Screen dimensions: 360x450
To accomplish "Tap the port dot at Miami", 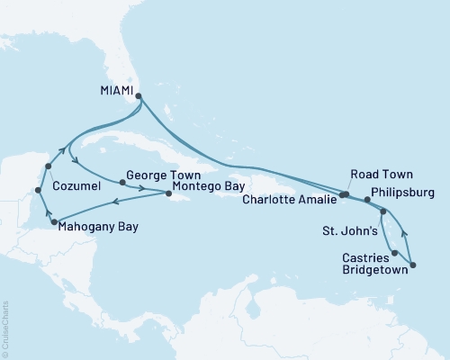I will tap(138, 91).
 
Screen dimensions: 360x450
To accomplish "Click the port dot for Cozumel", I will tap(47, 166).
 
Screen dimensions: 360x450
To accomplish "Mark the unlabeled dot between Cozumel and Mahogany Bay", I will tap(38, 190).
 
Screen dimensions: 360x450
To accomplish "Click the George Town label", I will tap(157, 177).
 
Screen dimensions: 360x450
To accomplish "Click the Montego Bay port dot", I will tap(168, 193).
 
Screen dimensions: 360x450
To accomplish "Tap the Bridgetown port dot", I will tap(413, 265).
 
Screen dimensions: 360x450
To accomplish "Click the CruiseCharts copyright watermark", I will tap(5, 328).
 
